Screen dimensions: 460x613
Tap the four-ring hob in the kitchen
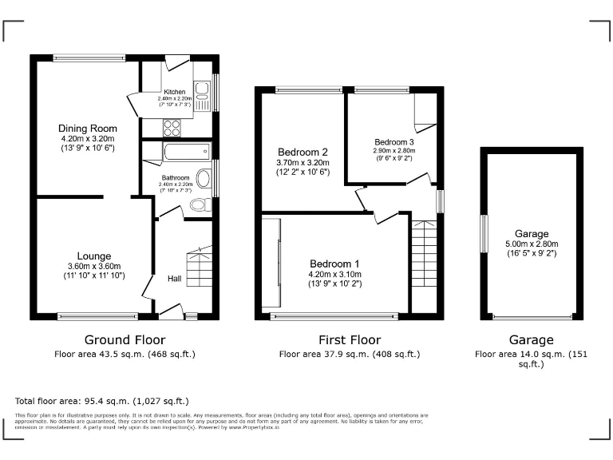pyautogui.click(x=172, y=127)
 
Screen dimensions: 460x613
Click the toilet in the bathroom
pyautogui.click(x=200, y=205)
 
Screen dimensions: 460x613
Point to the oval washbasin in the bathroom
pyautogui.click(x=204, y=178)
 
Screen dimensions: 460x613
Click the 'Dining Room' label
pyautogui.click(x=87, y=129)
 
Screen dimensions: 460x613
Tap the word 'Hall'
pyautogui.click(x=174, y=279)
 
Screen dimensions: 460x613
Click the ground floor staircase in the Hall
pyautogui.click(x=199, y=268)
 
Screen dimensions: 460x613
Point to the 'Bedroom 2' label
pyautogui.click(x=303, y=152)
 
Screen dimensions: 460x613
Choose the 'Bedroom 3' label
pyautogui.click(x=394, y=141)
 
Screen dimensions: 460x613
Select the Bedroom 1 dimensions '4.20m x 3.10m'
pyautogui.click(x=335, y=274)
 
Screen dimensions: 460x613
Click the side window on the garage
pyautogui.click(x=482, y=234)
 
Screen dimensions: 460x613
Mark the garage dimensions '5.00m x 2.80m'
pyautogui.click(x=532, y=244)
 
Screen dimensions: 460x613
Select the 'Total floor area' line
pyautogui.click(x=102, y=401)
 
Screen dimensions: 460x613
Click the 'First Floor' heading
pyautogui.click(x=349, y=339)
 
